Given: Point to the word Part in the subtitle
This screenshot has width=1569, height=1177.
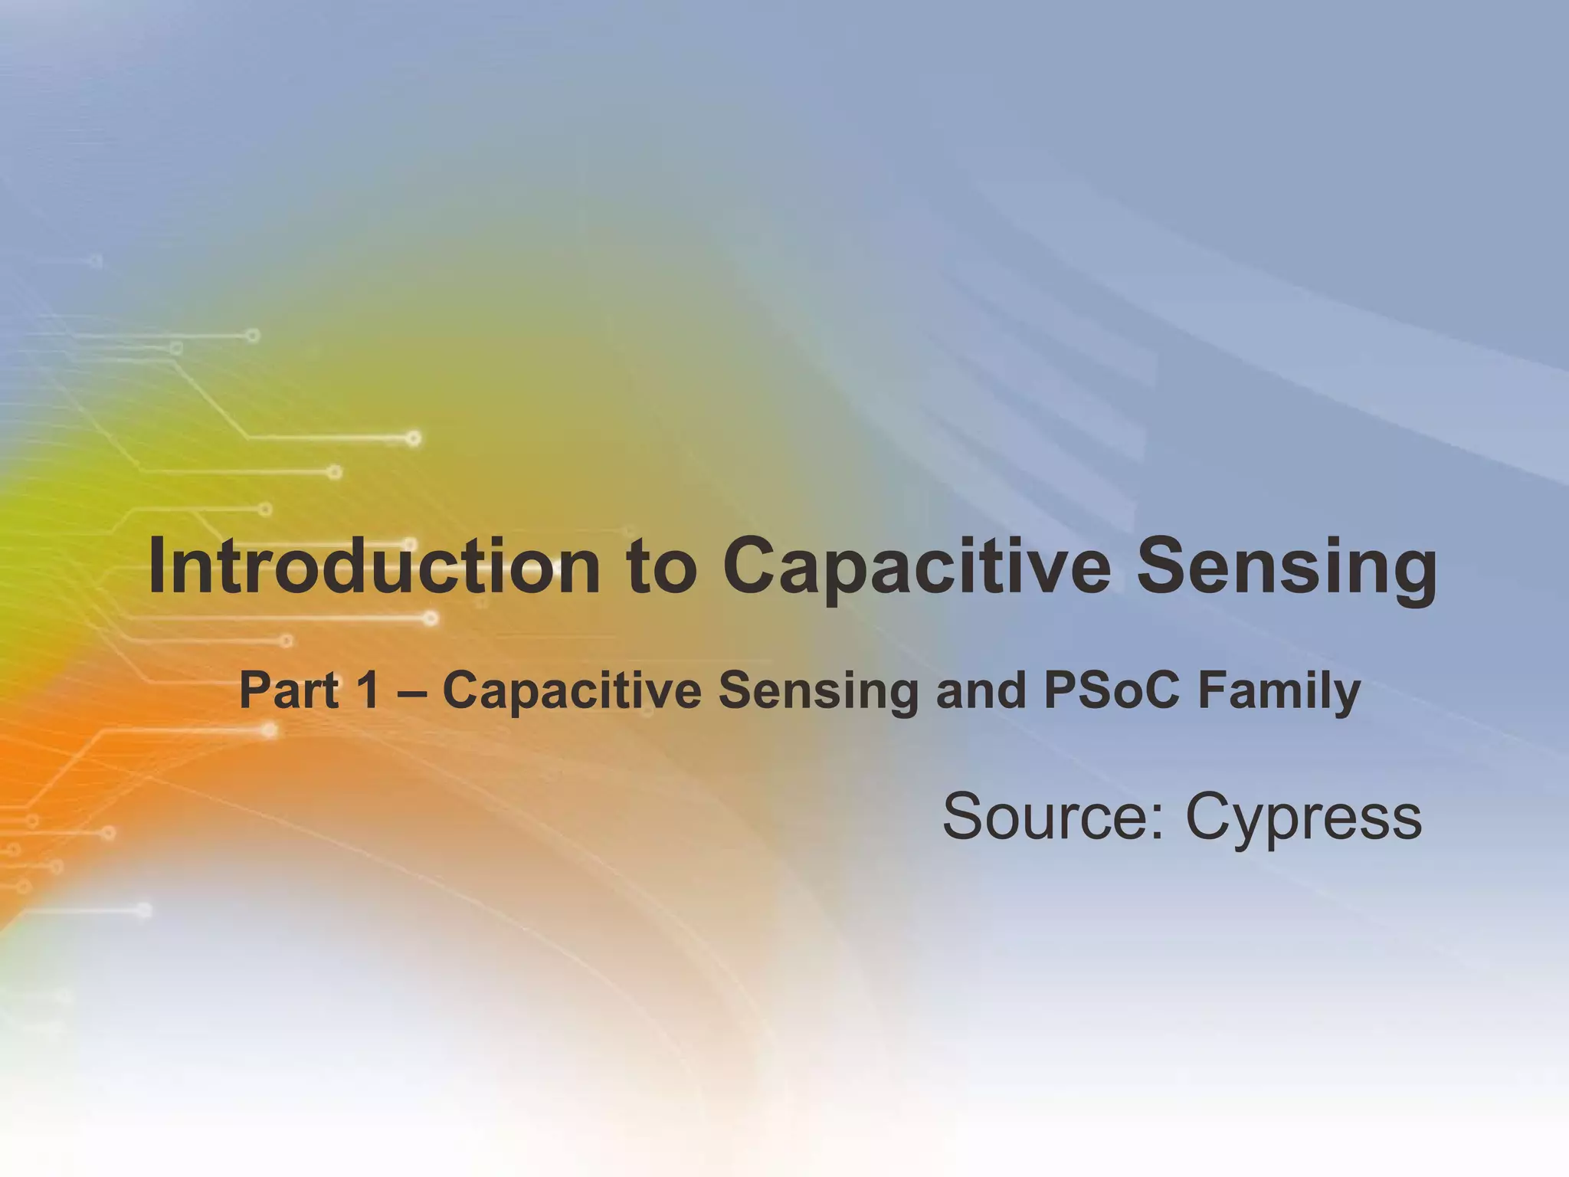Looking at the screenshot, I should pos(289,690).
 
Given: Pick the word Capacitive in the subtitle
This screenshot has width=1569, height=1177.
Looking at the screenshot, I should pos(572,690).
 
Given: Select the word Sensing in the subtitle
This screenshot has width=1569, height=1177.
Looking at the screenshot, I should pos(817,690).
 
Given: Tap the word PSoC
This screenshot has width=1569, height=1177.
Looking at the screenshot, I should pos(1110,690).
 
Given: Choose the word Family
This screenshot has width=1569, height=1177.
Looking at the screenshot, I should pos(1279,690).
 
